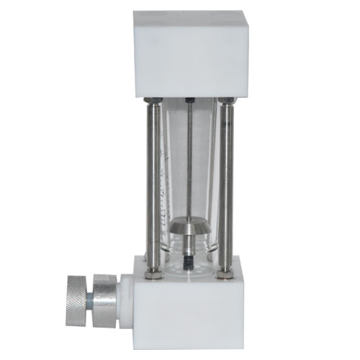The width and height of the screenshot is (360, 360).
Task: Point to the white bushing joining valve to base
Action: point(125,294)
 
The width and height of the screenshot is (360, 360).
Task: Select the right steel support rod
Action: point(225,184)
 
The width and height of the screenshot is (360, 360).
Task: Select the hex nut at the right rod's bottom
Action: point(225,272)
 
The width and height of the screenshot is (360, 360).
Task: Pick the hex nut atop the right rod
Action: point(226,101)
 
